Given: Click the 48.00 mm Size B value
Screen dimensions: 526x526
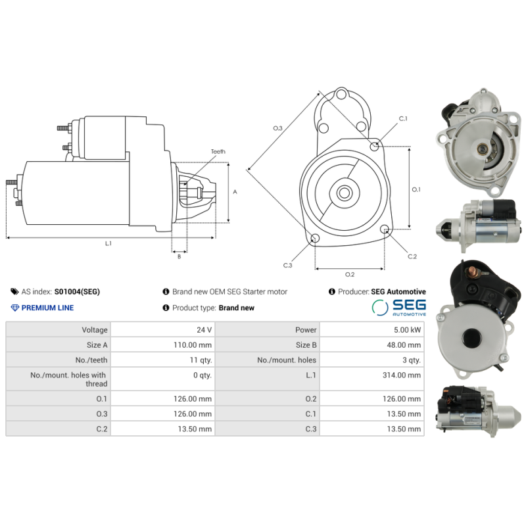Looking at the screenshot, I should [x=403, y=345].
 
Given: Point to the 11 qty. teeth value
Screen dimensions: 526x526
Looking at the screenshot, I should [x=198, y=360].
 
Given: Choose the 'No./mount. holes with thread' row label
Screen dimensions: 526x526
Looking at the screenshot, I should [x=68, y=379].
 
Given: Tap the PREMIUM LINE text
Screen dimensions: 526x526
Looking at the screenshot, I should [x=47, y=308].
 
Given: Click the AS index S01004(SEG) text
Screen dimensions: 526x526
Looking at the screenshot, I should [x=77, y=291].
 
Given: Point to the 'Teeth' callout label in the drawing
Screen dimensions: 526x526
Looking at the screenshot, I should [x=218, y=152].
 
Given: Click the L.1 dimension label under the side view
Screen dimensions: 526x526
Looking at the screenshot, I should [x=108, y=243].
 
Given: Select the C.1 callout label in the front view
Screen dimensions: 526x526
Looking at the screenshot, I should [x=403, y=119].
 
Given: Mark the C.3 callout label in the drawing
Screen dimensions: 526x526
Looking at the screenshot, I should [x=287, y=265].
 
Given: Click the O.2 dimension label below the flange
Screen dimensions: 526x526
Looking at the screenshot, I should [x=350, y=274].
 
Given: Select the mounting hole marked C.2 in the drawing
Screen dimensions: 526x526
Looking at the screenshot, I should [x=385, y=229].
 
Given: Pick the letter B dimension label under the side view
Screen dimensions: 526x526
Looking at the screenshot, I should [x=179, y=256].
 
